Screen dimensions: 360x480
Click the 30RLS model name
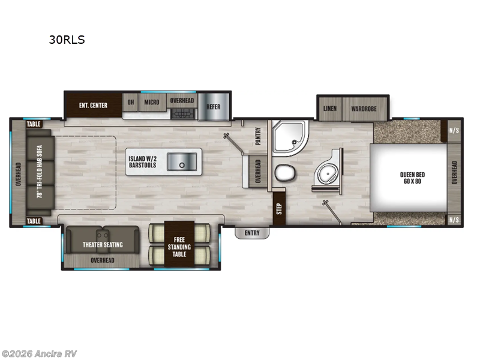(68, 40)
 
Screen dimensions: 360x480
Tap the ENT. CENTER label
(93, 106)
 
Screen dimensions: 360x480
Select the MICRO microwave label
(151, 102)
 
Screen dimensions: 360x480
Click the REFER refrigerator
(214, 107)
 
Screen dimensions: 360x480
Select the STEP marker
(279, 209)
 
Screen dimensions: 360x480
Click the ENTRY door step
(252, 233)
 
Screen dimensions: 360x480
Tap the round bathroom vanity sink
(328, 175)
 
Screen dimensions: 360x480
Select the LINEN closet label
(329, 109)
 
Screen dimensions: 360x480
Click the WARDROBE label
(364, 109)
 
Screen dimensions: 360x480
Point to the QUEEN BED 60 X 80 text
(410, 178)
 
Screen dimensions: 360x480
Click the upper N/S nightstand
(454, 130)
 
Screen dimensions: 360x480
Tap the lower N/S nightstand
(454, 220)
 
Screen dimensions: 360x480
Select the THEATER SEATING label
(103, 244)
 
